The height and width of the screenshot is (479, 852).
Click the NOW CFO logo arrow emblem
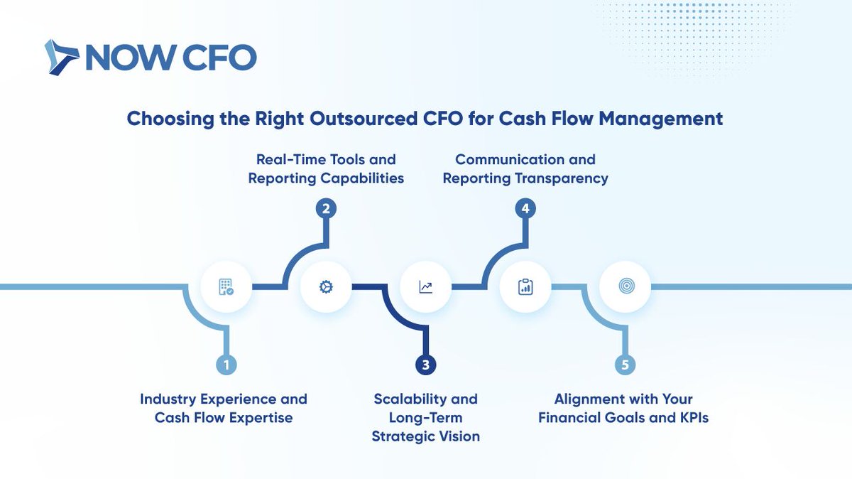point(62,58)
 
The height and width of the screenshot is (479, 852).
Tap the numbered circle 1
point(226,365)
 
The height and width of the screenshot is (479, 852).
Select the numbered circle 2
point(325,209)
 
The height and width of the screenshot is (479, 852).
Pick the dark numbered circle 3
point(425,365)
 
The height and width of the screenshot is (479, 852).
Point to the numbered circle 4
point(525,209)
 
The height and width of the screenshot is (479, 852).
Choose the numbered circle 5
point(625,365)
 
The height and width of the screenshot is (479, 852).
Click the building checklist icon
point(226,287)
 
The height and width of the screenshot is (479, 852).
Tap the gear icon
point(326,287)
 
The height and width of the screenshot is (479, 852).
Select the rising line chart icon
point(425,287)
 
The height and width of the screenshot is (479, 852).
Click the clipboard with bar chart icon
point(525,287)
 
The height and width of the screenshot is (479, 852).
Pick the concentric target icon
point(625,287)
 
